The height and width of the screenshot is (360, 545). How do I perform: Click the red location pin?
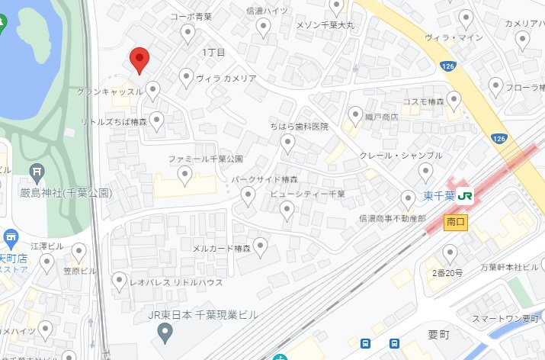click(x=139, y=59)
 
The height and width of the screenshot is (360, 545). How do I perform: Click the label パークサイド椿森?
click(x=264, y=180)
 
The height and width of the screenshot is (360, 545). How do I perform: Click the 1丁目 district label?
click(x=214, y=53)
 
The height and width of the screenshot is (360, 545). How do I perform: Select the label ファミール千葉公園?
click(x=205, y=159)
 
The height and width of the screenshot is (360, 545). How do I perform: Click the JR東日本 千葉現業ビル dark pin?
click(x=163, y=333)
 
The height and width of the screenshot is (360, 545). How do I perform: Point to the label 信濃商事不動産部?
click(x=392, y=218)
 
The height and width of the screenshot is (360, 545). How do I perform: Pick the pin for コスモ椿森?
click(x=454, y=98)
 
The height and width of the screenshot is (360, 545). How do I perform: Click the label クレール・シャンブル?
click(x=401, y=156)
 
